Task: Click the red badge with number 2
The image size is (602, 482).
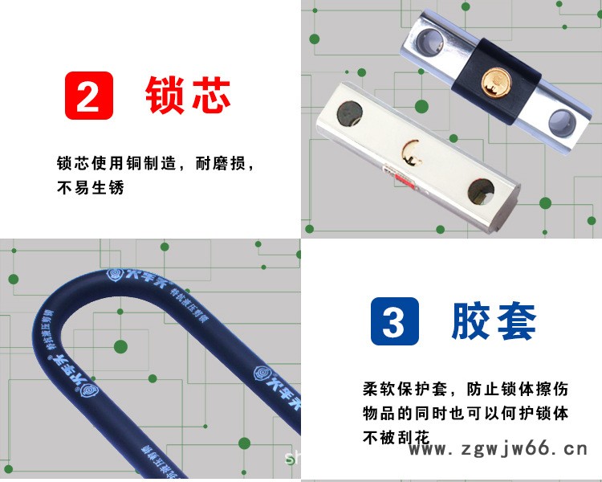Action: [88, 96]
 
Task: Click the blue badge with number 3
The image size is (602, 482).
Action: [393, 321]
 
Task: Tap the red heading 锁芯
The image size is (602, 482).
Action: [188, 96]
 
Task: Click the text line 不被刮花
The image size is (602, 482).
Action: [397, 438]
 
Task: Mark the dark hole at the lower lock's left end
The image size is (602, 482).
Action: [350, 112]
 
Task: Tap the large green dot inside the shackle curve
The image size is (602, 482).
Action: [120, 347]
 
